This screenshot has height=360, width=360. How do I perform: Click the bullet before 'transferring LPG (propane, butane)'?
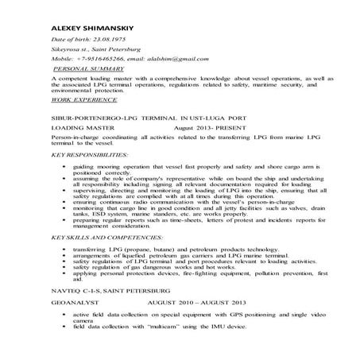coord(64,250)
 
